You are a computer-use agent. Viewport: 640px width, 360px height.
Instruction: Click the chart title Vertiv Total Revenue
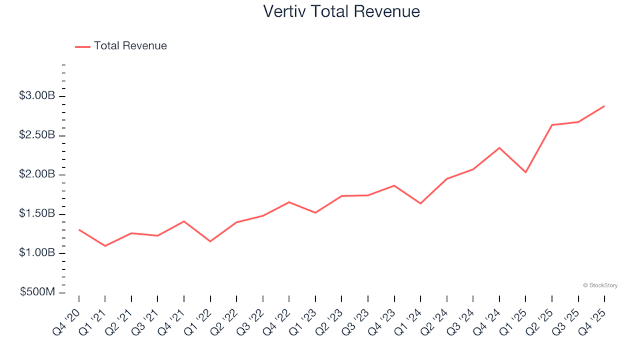click(341, 11)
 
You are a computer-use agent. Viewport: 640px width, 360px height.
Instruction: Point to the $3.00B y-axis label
click(37, 96)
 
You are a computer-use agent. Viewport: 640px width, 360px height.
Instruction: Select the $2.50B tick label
click(37, 135)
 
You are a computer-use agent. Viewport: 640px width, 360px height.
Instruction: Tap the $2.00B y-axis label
click(37, 175)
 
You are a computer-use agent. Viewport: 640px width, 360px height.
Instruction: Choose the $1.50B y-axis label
click(37, 214)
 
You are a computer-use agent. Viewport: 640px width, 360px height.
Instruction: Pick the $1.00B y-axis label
click(37, 253)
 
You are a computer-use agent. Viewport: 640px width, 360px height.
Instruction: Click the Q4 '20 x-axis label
click(69, 315)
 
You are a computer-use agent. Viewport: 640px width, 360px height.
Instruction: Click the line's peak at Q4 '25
click(604, 106)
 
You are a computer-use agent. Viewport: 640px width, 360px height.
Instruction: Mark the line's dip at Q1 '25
click(525, 172)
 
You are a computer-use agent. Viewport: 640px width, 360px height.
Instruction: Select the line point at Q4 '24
click(499, 148)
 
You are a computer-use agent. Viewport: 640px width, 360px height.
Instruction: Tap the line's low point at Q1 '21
click(105, 246)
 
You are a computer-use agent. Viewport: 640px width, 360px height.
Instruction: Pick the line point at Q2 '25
click(552, 125)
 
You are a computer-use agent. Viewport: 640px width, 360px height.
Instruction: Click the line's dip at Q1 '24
click(421, 203)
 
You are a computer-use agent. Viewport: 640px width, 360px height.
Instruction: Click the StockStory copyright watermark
click(600, 285)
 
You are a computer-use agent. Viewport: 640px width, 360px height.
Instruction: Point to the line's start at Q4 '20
click(79, 230)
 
